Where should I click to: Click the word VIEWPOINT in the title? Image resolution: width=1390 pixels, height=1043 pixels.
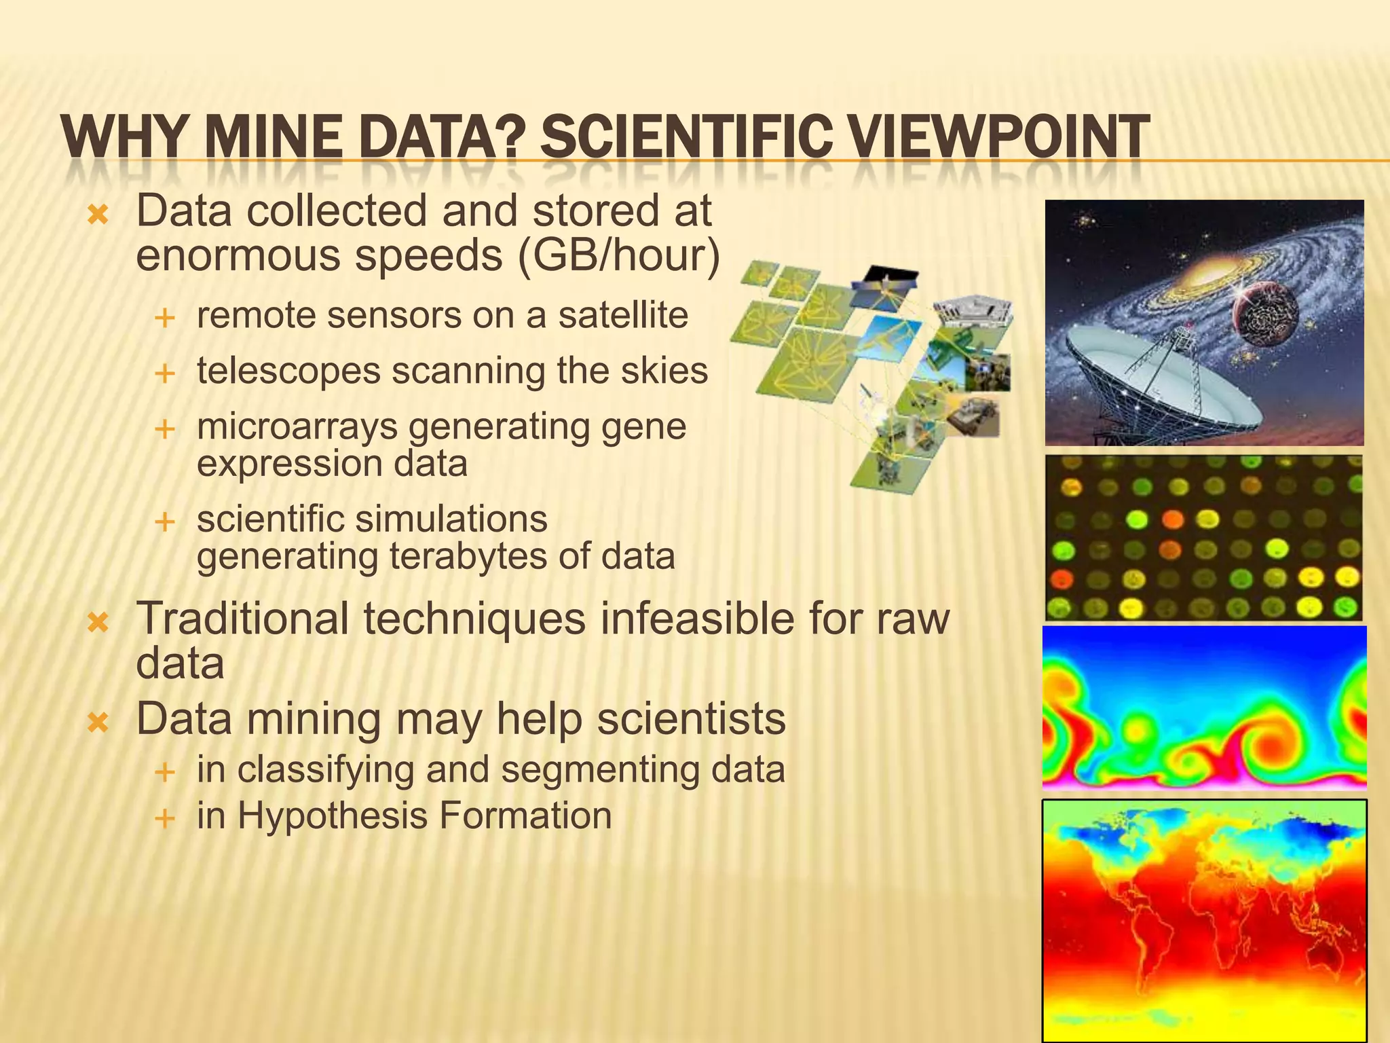(998, 138)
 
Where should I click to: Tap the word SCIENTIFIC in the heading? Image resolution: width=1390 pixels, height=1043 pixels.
(685, 138)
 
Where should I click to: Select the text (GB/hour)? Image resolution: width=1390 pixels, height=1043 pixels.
(618, 255)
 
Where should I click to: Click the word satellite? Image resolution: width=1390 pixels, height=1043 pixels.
(623, 315)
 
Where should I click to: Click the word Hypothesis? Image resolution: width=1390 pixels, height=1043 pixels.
(332, 816)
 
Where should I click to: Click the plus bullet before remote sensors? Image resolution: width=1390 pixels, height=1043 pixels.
(164, 318)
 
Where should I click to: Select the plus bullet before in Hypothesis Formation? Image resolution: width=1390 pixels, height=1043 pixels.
(164, 818)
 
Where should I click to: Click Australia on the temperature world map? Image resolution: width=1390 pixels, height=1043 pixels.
(1320, 957)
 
